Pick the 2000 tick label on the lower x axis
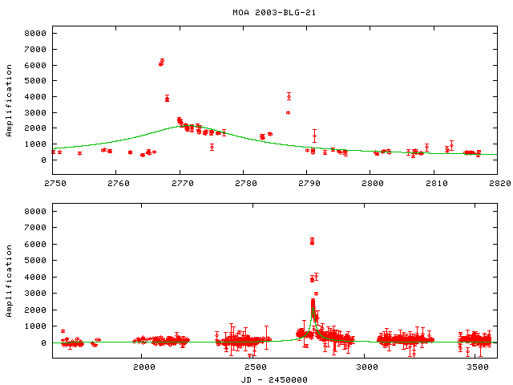point(144,367)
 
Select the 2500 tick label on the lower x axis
point(256,367)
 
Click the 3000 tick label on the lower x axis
point(367,367)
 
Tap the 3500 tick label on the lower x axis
point(479,367)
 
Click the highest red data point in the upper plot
point(162,61)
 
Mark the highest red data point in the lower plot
point(312,240)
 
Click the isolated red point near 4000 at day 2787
point(289,96)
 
